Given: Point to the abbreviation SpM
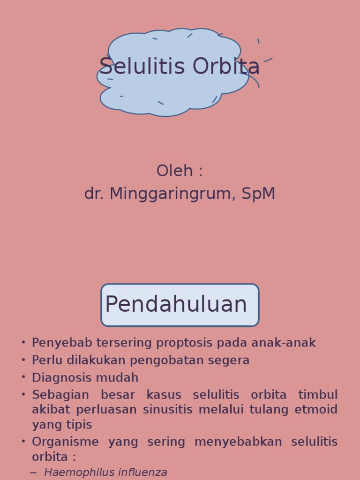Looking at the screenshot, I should point(258,194).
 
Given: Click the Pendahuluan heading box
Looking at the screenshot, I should point(180,305).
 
